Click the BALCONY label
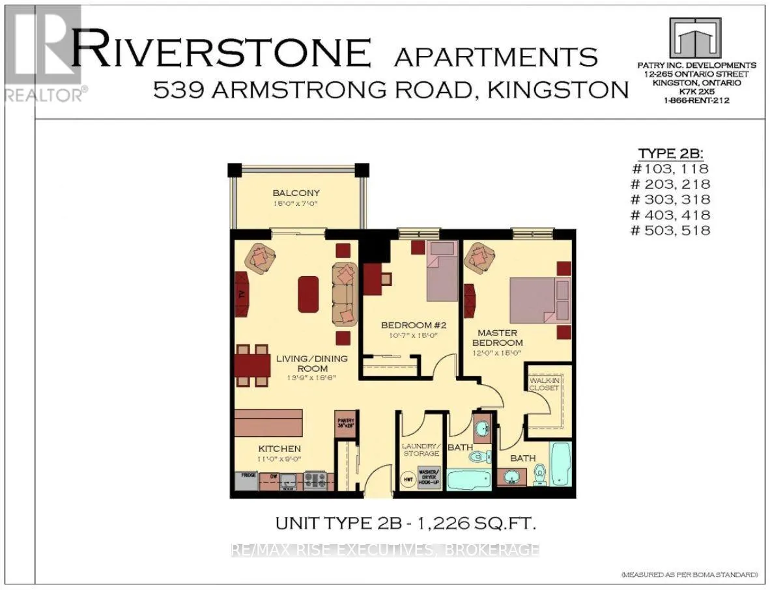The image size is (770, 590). [291, 193]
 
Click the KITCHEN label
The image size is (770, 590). [279, 449]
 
